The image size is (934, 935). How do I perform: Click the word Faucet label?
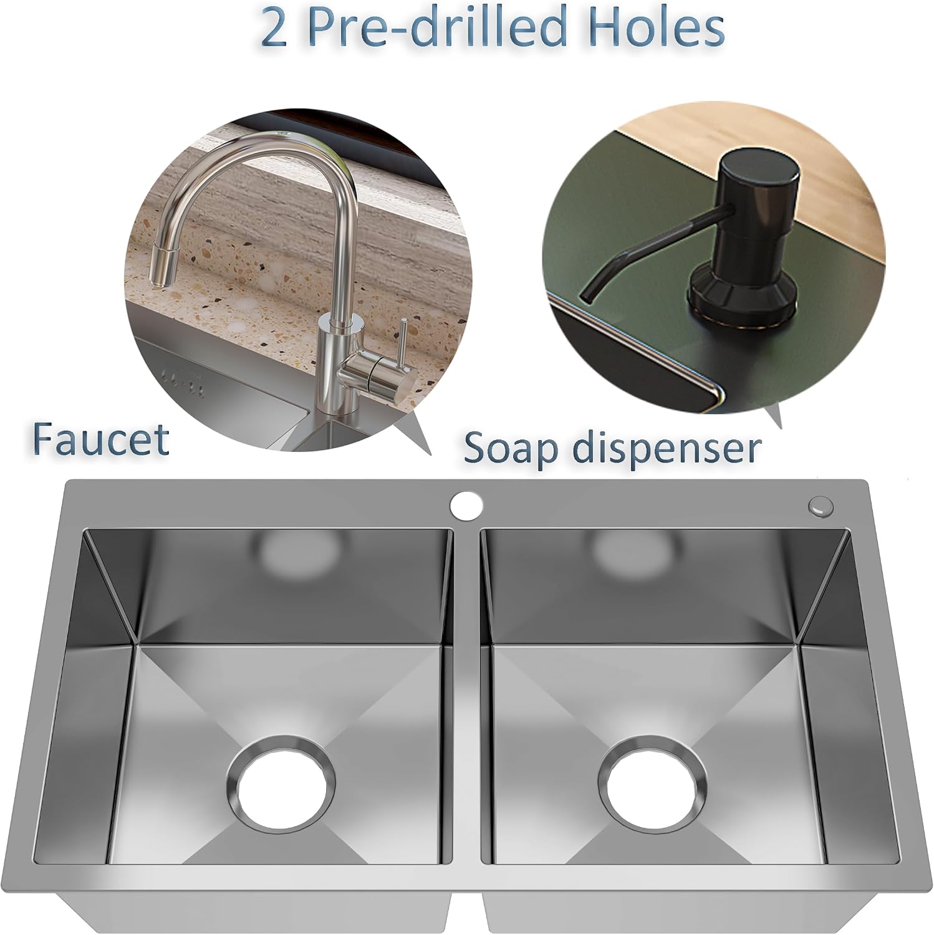click(101, 439)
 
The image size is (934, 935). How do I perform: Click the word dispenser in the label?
click(668, 449)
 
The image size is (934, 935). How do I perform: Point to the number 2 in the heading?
click(274, 29)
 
